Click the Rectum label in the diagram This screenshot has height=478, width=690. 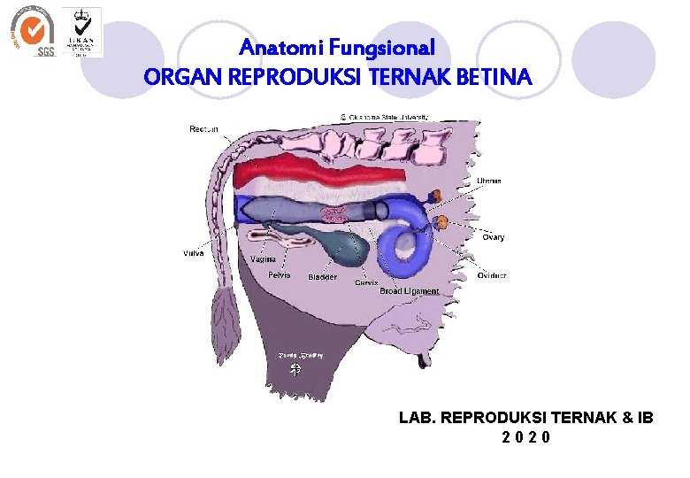pyautogui.click(x=203, y=129)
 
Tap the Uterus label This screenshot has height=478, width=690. pyautogui.click(x=488, y=181)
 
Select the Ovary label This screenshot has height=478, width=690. pyautogui.click(x=493, y=237)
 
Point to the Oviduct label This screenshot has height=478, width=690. pyautogui.click(x=492, y=275)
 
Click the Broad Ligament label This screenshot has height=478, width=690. pyautogui.click(x=409, y=291)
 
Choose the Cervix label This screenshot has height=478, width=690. pyautogui.click(x=366, y=282)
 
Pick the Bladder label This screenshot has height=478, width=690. pyautogui.click(x=322, y=277)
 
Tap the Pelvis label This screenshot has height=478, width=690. pyautogui.click(x=279, y=275)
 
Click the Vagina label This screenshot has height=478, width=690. pyautogui.click(x=263, y=259)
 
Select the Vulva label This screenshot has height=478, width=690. pyautogui.click(x=193, y=253)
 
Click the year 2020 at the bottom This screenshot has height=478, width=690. pyautogui.click(x=525, y=437)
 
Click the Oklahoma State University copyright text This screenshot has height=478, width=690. pyautogui.click(x=384, y=116)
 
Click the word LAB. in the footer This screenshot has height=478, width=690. pyautogui.click(x=417, y=417)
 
